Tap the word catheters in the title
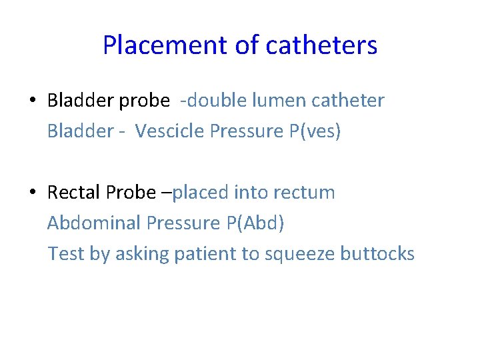(321, 46)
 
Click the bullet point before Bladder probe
(33, 101)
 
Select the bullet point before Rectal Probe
(33, 193)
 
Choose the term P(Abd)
(255, 223)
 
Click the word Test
(61, 254)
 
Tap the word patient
(204, 254)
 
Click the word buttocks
(377, 254)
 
